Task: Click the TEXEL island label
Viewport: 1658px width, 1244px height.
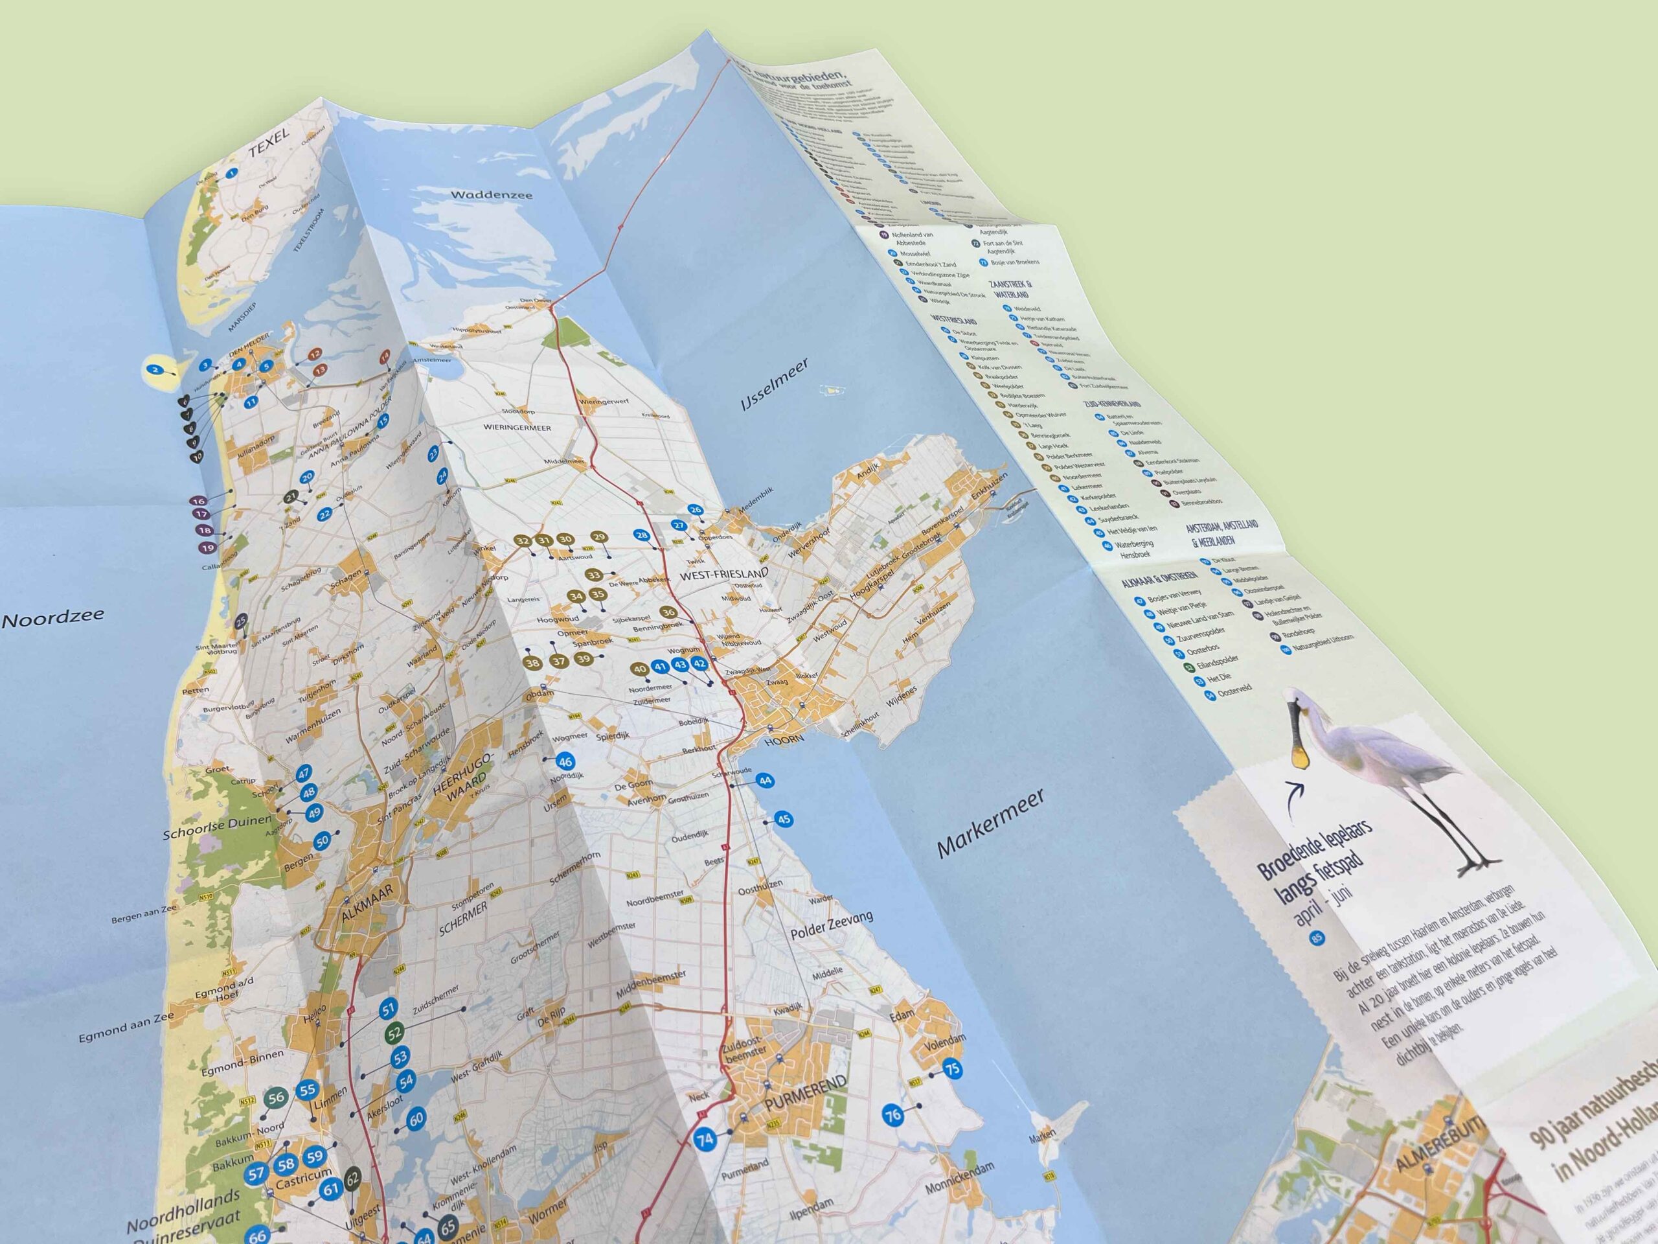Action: point(268,143)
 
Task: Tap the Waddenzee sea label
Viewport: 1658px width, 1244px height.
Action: point(491,195)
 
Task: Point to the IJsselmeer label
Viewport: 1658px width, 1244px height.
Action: point(775,385)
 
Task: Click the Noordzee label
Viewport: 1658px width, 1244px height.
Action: point(53,618)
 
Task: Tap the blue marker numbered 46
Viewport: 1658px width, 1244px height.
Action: point(565,762)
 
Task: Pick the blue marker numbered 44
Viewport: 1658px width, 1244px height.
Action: point(764,781)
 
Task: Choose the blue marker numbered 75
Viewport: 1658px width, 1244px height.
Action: point(952,1069)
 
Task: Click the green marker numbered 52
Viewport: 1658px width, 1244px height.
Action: point(395,1033)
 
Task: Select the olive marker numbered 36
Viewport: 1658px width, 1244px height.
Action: point(668,613)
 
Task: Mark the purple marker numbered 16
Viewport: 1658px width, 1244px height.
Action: point(198,501)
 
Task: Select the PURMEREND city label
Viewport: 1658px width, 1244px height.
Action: point(806,1094)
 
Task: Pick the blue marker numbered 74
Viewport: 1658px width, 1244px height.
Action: point(704,1140)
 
